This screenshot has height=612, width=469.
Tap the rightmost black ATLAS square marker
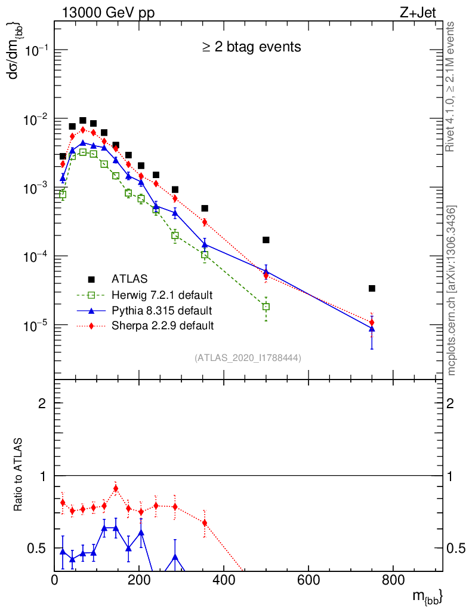tap(372, 288)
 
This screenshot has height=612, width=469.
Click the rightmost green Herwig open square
tap(266, 307)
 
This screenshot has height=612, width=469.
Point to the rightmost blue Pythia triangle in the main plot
tap(372, 329)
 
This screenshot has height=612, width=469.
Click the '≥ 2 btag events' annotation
tap(251, 46)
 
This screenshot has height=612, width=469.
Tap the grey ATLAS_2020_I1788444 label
tap(247, 357)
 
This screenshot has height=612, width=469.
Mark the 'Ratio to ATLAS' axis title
tap(18, 475)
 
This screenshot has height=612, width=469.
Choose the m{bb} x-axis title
tap(427, 596)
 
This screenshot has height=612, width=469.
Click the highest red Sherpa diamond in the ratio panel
tap(116, 488)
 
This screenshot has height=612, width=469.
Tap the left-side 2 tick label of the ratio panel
tap(43, 403)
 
